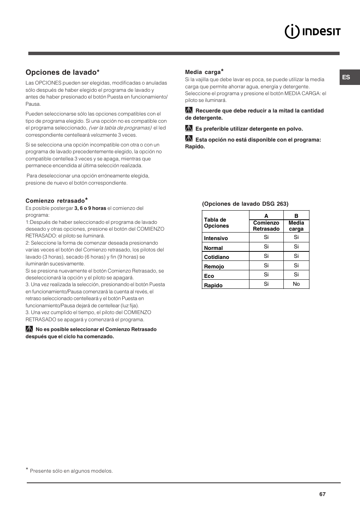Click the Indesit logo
click(x=312, y=31)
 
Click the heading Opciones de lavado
click(x=62, y=72)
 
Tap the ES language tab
click(x=346, y=77)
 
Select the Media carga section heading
click(x=203, y=72)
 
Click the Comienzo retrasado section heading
click(x=55, y=201)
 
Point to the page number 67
click(x=322, y=494)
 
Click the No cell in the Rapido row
click(x=296, y=284)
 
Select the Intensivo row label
click(x=216, y=238)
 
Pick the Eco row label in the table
click(x=209, y=276)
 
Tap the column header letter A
click(x=266, y=216)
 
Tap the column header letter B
click(x=296, y=216)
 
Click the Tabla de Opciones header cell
click(x=216, y=223)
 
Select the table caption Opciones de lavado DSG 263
click(x=245, y=204)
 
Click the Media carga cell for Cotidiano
click(x=296, y=256)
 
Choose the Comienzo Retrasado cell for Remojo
click(x=266, y=265)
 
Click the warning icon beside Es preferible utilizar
click(x=189, y=128)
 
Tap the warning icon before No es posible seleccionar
click(x=29, y=329)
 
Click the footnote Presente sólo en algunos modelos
click(x=71, y=471)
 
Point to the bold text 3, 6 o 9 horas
click(x=90, y=208)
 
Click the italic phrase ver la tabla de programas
click(x=120, y=128)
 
